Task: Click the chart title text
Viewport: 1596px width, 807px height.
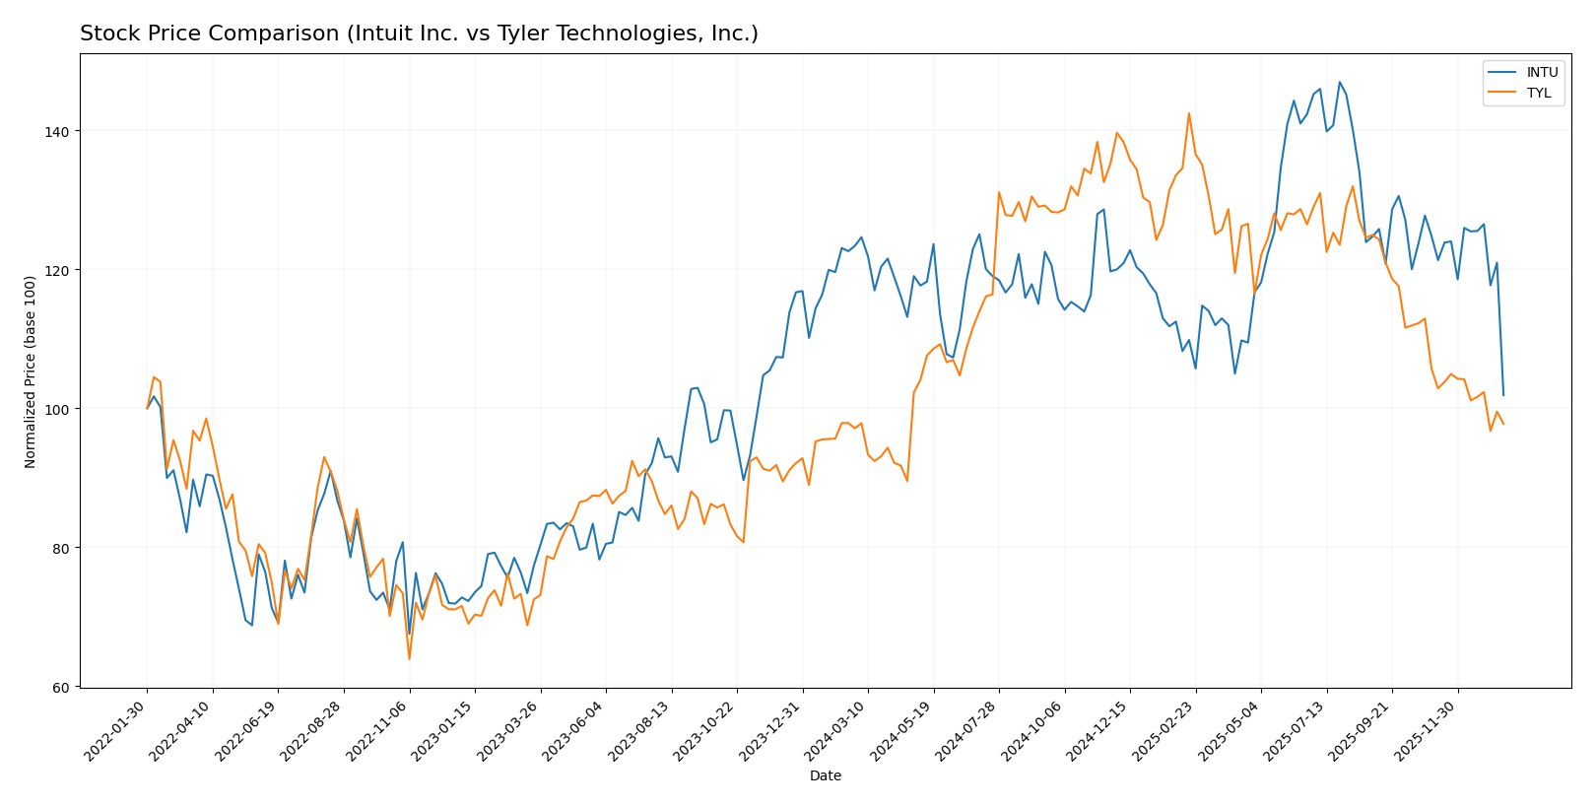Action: (x=419, y=34)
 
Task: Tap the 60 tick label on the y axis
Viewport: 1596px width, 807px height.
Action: (x=60, y=687)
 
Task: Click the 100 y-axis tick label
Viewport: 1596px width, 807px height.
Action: (x=56, y=409)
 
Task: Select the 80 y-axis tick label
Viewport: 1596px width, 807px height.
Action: (x=60, y=548)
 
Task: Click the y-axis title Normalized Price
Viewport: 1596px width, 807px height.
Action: (x=31, y=371)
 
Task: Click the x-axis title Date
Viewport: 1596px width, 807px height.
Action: (x=825, y=776)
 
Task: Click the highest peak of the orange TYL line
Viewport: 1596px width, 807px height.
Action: (x=1189, y=113)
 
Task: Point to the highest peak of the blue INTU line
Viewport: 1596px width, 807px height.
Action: (x=1339, y=82)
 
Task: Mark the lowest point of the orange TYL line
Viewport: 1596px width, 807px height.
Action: (x=409, y=659)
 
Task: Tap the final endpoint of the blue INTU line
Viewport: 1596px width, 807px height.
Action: (x=1503, y=395)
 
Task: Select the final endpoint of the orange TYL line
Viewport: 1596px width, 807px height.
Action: (x=1503, y=424)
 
